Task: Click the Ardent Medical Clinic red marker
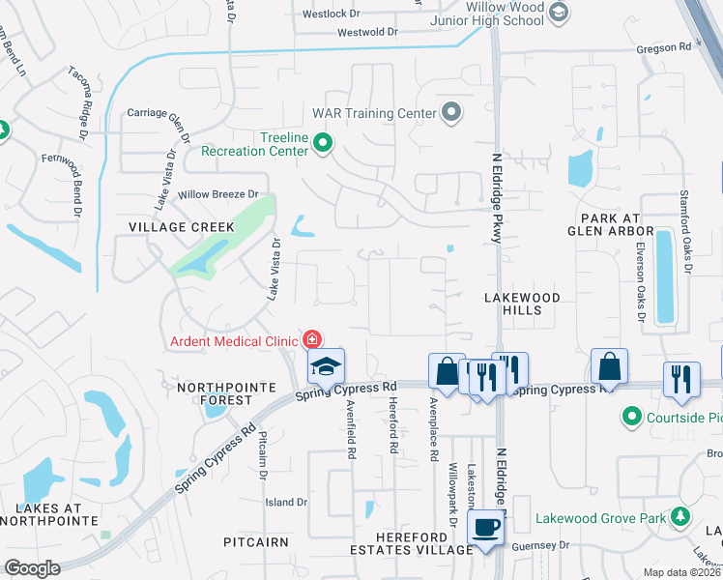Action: click(311, 339)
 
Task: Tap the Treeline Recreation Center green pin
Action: click(324, 145)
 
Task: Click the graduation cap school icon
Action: click(326, 367)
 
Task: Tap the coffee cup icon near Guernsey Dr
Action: click(484, 529)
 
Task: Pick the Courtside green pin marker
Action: click(632, 417)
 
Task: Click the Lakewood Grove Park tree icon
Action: click(680, 517)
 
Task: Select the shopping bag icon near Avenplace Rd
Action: click(447, 370)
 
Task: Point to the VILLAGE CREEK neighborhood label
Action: click(182, 226)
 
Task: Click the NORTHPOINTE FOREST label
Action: click(215, 392)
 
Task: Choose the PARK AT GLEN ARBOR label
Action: click(612, 225)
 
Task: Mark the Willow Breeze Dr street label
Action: click(218, 194)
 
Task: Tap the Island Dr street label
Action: click(286, 502)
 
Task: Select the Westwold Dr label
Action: click(367, 32)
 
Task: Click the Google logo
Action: click(32, 568)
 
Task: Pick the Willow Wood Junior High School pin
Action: click(559, 12)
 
